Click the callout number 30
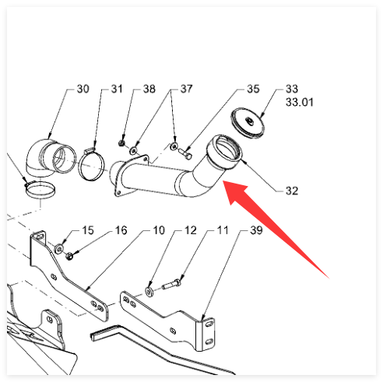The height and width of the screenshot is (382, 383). pyautogui.click(x=83, y=89)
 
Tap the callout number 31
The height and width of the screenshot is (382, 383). pyautogui.click(x=117, y=89)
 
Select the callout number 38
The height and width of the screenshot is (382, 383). pyautogui.click(x=149, y=89)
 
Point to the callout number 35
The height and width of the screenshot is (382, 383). pyautogui.click(x=253, y=89)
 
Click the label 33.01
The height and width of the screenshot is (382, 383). pyautogui.click(x=300, y=102)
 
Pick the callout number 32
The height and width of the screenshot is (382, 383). pyautogui.click(x=292, y=191)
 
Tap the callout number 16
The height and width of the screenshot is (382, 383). pyautogui.click(x=121, y=230)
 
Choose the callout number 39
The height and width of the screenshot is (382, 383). pyautogui.click(x=256, y=230)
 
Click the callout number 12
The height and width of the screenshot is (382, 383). pyautogui.click(x=191, y=230)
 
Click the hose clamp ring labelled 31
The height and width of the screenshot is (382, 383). pyautogui.click(x=91, y=164)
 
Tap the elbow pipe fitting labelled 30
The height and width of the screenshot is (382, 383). pyautogui.click(x=49, y=158)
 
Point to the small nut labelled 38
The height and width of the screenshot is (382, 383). pyautogui.click(x=121, y=143)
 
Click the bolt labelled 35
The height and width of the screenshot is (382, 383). pyautogui.click(x=185, y=154)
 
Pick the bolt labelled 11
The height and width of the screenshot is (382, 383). pyautogui.click(x=171, y=284)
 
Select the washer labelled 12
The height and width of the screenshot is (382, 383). pyautogui.click(x=149, y=292)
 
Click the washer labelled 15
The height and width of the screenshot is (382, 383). pyautogui.click(x=59, y=249)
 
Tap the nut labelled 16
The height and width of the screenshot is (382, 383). pyautogui.click(x=69, y=257)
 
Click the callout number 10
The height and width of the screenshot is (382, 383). pyautogui.click(x=159, y=230)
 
